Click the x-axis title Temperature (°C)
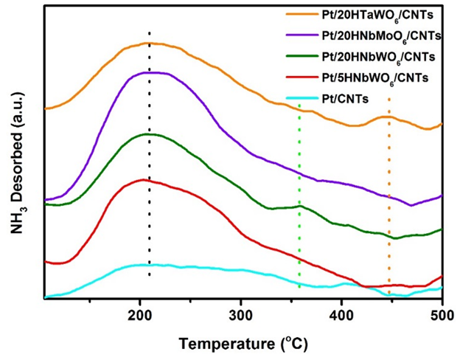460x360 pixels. (x=243, y=343)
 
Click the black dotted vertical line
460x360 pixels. (x=150, y=221)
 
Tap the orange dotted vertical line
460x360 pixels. (x=388, y=221)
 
